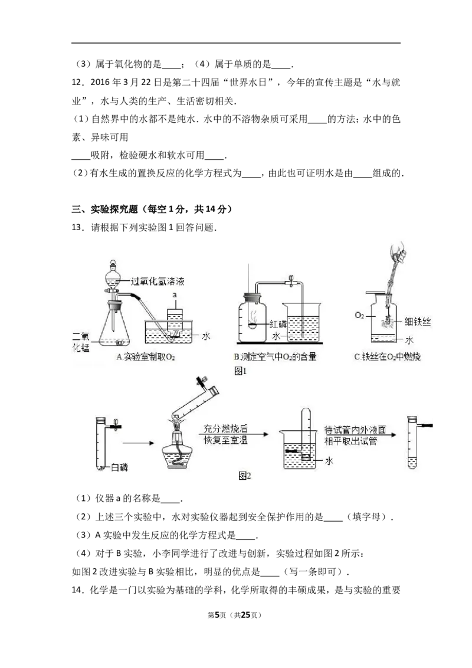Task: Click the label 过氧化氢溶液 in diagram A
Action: point(158,281)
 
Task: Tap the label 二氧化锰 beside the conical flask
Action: point(80,342)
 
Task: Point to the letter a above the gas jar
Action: point(175,294)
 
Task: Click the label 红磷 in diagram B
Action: point(278,324)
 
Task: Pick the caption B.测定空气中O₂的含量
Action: point(275,356)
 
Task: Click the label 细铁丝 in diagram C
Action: point(418,322)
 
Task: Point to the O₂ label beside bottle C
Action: point(359,316)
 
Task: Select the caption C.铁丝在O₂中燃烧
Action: point(388,356)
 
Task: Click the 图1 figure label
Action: point(240,371)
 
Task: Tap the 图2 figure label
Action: point(244,476)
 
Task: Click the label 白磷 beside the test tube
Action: point(119,467)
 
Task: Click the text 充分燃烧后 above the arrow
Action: point(225,428)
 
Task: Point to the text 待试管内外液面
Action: point(355,430)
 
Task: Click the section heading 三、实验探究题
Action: point(105,209)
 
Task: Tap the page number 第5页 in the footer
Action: point(217,615)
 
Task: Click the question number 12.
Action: point(77,82)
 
